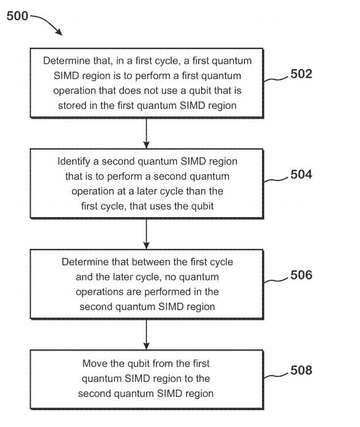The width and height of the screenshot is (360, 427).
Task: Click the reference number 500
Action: (x=17, y=15)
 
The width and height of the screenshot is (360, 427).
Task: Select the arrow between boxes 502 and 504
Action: (x=147, y=133)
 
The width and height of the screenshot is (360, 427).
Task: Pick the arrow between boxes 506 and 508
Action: (x=147, y=334)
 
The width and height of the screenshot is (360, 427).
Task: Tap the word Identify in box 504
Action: (x=76, y=162)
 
